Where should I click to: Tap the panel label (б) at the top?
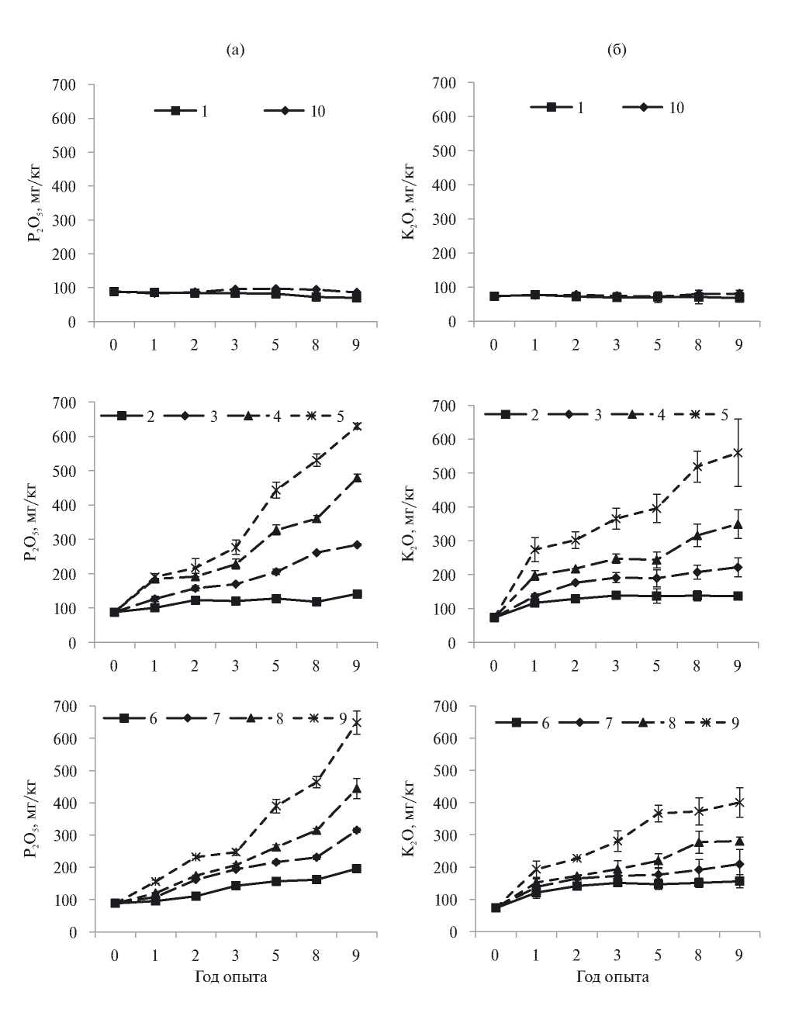617,51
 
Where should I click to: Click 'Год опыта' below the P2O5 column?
230,976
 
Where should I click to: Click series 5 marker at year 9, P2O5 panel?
357,426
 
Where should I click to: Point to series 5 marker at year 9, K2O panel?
738,452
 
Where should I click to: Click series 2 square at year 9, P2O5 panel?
357,594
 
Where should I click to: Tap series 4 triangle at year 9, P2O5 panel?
357,478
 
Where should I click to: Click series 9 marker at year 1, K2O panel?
534,869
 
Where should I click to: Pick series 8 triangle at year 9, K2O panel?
738,841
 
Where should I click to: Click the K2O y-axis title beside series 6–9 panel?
409,819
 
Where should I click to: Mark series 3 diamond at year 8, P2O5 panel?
316,552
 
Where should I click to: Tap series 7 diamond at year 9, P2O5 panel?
357,830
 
